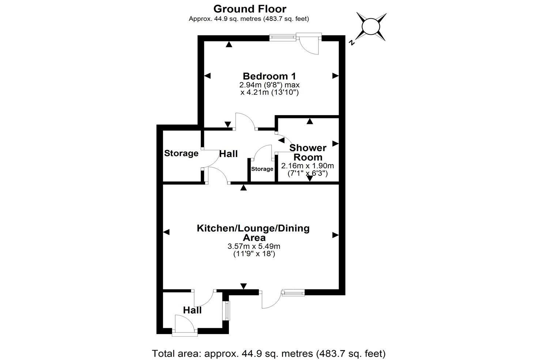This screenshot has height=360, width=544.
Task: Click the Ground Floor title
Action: [x=250, y=9]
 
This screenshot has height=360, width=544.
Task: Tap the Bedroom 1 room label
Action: [x=269, y=76]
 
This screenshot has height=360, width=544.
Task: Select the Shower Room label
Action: [x=308, y=153]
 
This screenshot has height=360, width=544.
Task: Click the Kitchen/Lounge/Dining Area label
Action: [x=253, y=232]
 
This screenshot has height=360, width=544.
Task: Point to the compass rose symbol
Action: [x=371, y=27]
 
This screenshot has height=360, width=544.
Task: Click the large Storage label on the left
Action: [x=181, y=153]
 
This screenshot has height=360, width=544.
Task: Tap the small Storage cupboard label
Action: [x=262, y=169]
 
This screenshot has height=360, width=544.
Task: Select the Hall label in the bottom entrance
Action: [x=192, y=310]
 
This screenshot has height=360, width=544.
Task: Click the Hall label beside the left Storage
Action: [x=228, y=154]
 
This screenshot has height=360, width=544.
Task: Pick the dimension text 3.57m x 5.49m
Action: [x=254, y=246]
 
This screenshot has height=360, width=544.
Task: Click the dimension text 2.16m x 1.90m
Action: [x=307, y=166]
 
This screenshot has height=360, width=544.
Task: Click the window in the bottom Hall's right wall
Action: [x=227, y=311]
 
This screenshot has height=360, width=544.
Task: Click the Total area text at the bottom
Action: [x=269, y=353]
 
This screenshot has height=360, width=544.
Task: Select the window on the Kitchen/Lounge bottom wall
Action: [x=293, y=292]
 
